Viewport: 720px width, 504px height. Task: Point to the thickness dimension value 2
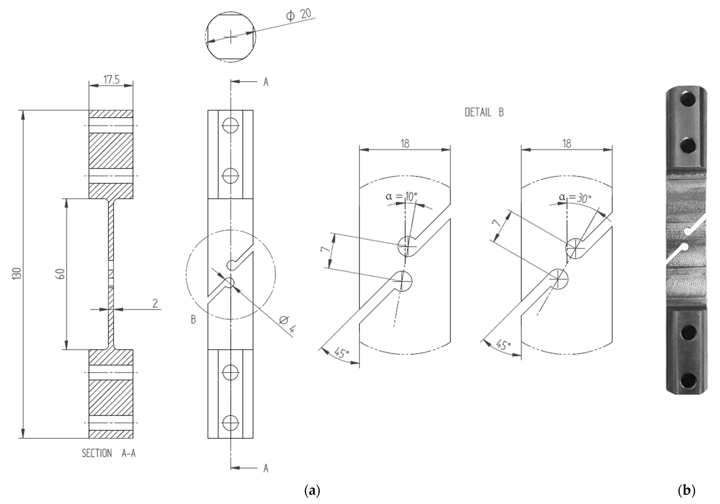click(x=155, y=303)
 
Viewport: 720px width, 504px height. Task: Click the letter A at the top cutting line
click(x=266, y=82)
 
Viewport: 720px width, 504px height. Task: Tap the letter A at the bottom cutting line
click(x=266, y=469)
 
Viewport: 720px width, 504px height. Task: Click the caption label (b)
click(x=687, y=490)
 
